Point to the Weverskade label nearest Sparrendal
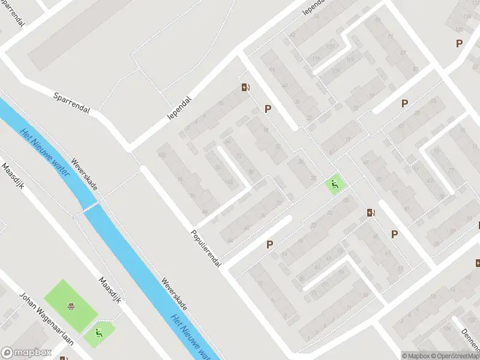point(83,174)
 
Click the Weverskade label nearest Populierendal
point(174,295)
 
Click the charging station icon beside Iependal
point(245,88)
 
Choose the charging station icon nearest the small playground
point(371,212)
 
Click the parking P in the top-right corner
point(459,43)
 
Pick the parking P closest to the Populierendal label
point(270,244)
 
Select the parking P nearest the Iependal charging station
point(268,109)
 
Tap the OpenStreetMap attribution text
point(455,356)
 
